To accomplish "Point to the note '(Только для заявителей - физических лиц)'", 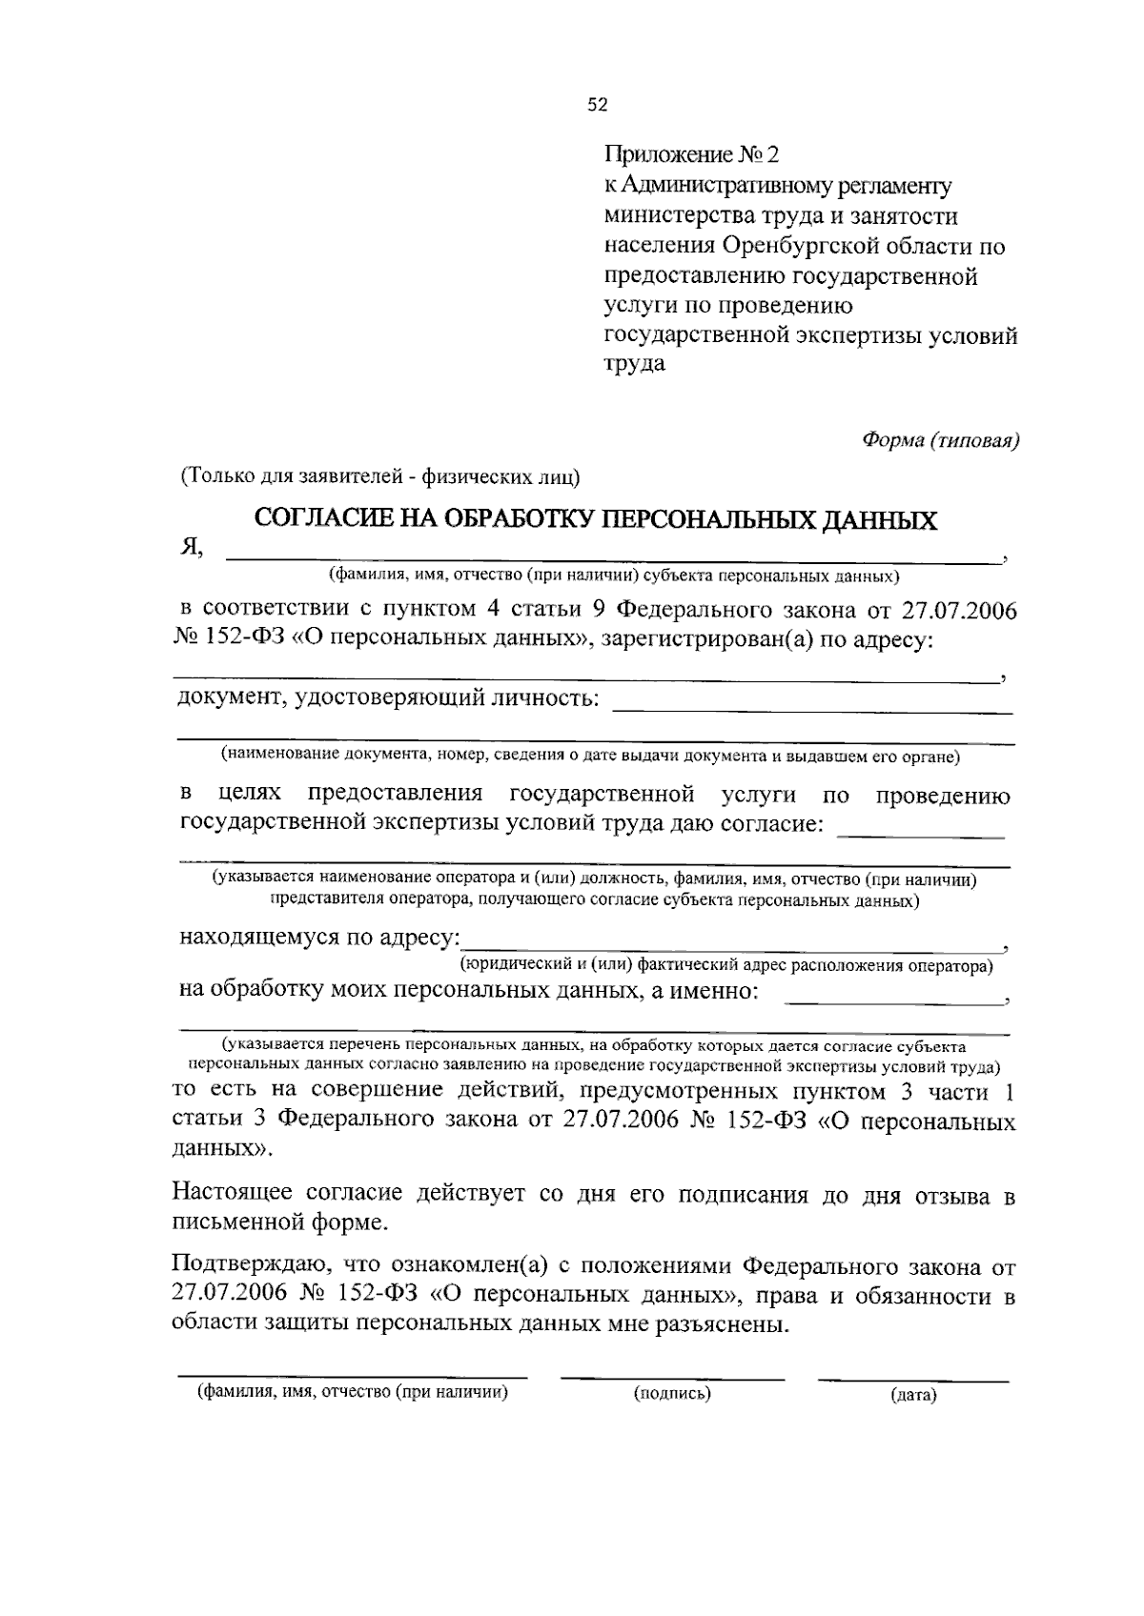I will pyautogui.click(x=380, y=476).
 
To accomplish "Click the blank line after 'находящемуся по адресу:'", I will pyautogui.click(x=729, y=946).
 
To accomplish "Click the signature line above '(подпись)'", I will pyautogui.click(x=672, y=1376).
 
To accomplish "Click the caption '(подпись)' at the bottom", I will pyautogui.click(x=672, y=1394).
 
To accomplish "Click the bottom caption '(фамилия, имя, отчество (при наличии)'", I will pyautogui.click(x=351, y=1392).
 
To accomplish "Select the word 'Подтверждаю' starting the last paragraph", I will pyautogui.click(x=252, y=1268).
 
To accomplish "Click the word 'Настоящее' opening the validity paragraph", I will pyautogui.click(x=234, y=1194).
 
